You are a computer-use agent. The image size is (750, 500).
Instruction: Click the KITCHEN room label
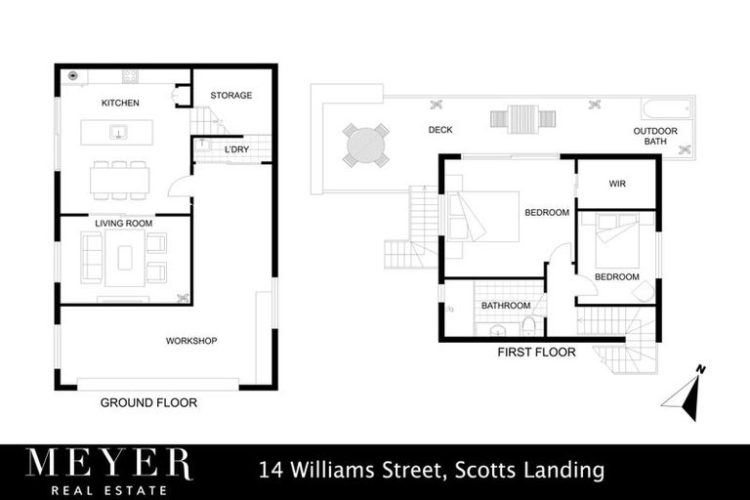coord(120,103)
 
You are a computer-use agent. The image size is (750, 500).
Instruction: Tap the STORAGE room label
coord(231,96)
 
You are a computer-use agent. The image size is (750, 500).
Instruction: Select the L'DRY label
coord(236,149)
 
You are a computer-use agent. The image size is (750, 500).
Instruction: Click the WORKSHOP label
coord(190,341)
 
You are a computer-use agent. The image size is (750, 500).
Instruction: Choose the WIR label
coord(616,183)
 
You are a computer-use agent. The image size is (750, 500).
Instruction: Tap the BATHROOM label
coord(505,306)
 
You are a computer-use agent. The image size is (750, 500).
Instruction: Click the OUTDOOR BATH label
coord(654,137)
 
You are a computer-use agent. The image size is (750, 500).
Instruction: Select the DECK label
coord(440,130)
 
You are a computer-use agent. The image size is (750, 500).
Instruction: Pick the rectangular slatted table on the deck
coord(514,118)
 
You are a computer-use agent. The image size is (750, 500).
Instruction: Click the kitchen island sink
coord(119,132)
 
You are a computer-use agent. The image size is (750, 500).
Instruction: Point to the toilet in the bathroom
coord(528,325)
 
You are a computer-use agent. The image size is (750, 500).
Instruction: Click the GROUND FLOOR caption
coord(149,402)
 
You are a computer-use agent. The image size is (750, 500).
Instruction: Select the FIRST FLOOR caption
coord(536,352)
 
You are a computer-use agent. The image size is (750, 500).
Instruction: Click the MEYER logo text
coord(108,463)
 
